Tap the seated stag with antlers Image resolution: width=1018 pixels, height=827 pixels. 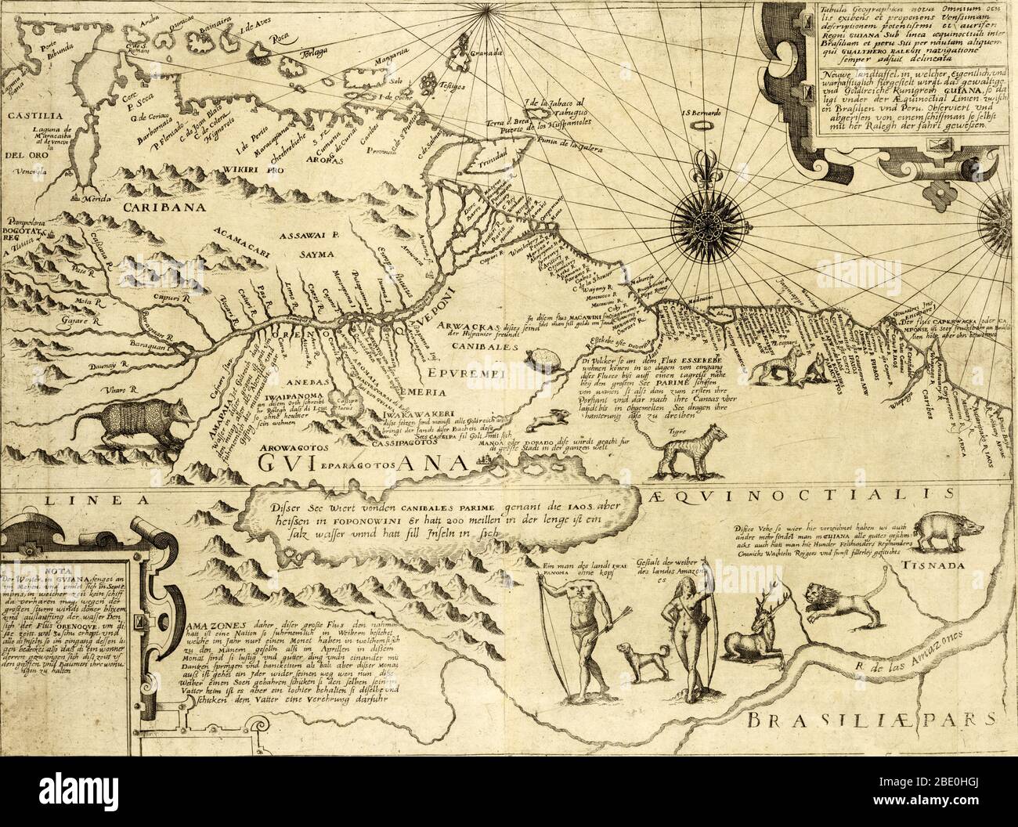pyautogui.click(x=763, y=630)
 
